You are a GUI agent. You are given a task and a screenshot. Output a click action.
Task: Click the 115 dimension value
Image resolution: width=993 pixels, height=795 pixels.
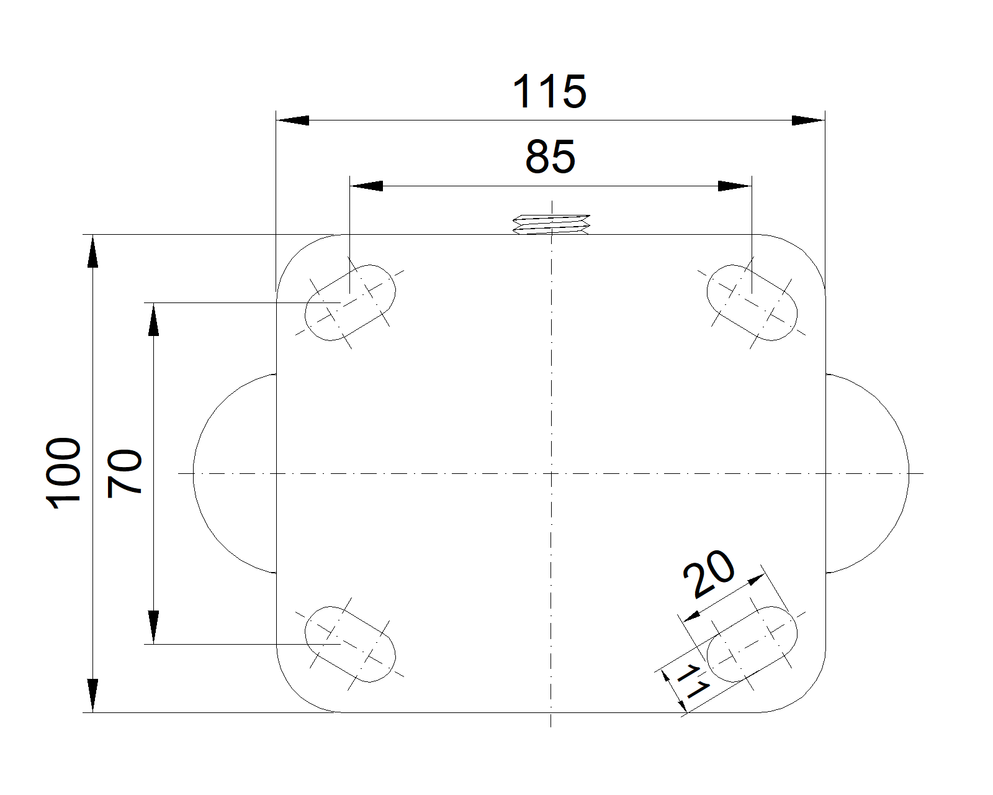(549, 91)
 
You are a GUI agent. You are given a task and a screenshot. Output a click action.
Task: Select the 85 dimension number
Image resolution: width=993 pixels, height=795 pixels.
(550, 157)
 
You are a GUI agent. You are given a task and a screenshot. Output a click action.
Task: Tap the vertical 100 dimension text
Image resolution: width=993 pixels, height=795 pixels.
(64, 473)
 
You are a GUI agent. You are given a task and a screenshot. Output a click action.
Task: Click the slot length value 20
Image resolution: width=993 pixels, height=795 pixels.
(708, 574)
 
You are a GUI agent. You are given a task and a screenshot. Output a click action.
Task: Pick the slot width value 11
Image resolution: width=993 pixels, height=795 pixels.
(691, 682)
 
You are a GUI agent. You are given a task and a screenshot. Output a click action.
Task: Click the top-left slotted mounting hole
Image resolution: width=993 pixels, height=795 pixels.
(350, 302)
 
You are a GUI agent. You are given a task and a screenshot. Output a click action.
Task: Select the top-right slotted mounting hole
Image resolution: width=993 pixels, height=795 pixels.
(752, 302)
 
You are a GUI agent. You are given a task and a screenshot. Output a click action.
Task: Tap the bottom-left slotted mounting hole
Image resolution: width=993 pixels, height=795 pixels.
(350, 644)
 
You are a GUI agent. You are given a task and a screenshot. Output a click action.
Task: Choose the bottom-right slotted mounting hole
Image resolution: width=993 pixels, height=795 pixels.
(752, 644)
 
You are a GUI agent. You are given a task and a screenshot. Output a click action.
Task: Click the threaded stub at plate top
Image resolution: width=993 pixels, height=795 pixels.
(551, 224)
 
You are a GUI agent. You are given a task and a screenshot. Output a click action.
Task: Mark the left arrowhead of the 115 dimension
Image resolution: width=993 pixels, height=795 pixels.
(292, 120)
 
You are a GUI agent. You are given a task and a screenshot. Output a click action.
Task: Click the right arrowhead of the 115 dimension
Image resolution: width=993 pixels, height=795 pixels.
(809, 120)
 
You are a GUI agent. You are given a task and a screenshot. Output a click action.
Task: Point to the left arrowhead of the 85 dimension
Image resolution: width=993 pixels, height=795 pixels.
(366, 186)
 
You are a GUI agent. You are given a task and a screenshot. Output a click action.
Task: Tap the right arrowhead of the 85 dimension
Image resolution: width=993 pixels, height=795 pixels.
(735, 186)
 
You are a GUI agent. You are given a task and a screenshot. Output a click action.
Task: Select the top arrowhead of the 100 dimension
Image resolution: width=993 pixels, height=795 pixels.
(92, 252)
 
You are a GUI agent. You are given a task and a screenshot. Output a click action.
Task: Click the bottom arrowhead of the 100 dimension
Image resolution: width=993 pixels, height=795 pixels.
(92, 696)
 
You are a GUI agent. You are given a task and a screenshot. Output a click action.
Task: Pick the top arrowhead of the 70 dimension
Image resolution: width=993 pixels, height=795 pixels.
(154, 319)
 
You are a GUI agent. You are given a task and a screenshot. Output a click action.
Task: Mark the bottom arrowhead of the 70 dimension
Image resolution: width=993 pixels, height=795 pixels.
(154, 627)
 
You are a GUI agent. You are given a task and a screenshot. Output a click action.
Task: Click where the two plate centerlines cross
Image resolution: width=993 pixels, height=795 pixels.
(551, 473)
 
